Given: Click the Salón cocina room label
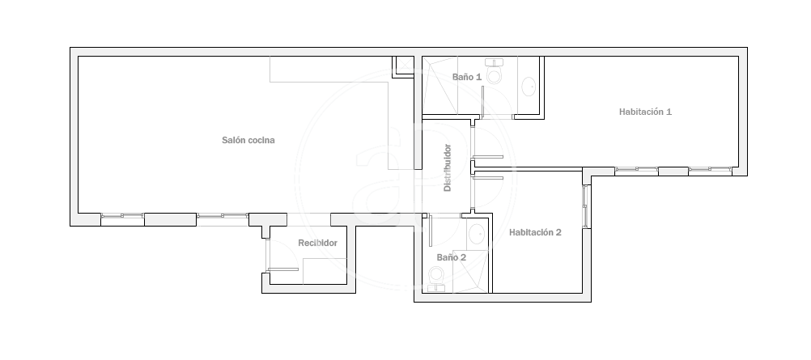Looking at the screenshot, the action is (x=248, y=140).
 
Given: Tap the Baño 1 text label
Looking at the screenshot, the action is (x=467, y=77).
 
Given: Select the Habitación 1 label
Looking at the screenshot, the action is (x=646, y=112).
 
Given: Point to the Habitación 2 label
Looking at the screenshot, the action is (x=535, y=232).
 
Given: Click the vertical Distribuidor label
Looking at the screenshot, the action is (x=448, y=167).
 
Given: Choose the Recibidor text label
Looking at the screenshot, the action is (x=317, y=244).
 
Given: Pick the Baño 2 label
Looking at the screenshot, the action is (x=452, y=257).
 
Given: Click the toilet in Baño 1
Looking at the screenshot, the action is (x=495, y=71).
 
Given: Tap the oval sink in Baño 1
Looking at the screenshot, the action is (x=529, y=87).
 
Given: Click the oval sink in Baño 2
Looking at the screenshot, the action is (x=477, y=235).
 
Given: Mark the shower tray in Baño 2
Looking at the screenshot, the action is (x=469, y=272).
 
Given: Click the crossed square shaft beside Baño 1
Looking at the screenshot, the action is (x=405, y=66).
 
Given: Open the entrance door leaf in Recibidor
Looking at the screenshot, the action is (x=282, y=269).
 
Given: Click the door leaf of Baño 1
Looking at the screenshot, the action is (x=482, y=103).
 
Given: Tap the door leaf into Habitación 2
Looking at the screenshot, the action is (x=488, y=178).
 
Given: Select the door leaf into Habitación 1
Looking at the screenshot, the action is (x=488, y=157).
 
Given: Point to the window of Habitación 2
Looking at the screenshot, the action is (x=585, y=205).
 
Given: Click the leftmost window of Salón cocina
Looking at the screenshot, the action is (x=122, y=216).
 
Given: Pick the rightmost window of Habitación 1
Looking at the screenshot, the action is (x=710, y=169).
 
